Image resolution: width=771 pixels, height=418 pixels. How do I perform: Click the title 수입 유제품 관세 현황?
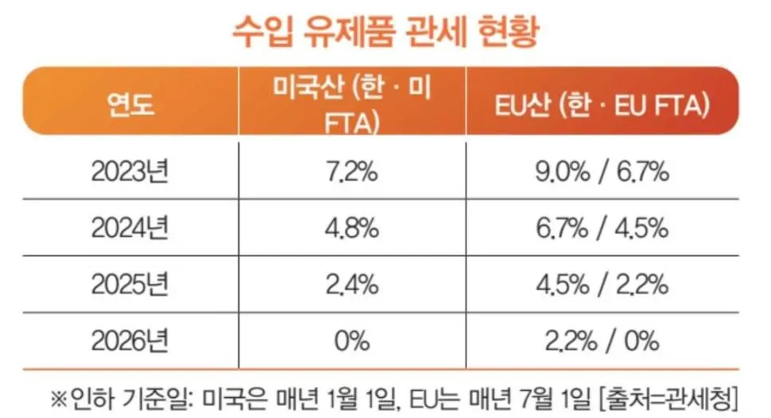(x=385, y=33)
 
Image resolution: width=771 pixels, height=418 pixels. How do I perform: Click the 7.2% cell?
(x=352, y=172)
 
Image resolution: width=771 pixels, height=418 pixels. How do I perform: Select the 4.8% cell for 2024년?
(x=352, y=228)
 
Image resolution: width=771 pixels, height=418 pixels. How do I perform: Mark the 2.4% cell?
(x=352, y=285)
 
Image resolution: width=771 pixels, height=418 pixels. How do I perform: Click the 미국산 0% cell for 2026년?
(x=352, y=341)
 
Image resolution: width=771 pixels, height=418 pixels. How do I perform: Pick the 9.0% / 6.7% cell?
(x=601, y=172)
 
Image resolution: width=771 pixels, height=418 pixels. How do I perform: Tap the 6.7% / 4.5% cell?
(x=601, y=228)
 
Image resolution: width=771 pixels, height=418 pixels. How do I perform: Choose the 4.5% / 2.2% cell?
(x=601, y=285)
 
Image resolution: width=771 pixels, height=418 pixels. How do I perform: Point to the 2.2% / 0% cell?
(x=601, y=341)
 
